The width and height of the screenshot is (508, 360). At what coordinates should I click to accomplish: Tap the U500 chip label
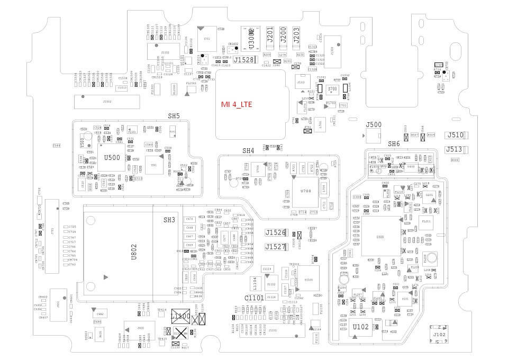click(x=112, y=157)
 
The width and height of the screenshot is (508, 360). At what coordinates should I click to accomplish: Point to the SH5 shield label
click(x=174, y=115)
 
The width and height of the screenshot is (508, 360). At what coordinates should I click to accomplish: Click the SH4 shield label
click(x=248, y=151)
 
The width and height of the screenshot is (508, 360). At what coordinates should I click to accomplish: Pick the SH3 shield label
click(x=169, y=220)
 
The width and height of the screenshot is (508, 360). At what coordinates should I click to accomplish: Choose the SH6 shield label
click(x=394, y=144)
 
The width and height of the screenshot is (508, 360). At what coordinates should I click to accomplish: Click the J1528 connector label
click(x=244, y=60)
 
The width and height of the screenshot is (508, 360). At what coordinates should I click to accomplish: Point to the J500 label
click(x=374, y=125)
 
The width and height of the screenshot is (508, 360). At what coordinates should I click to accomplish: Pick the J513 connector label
click(x=454, y=149)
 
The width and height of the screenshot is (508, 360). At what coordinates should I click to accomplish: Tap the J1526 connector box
click(x=276, y=233)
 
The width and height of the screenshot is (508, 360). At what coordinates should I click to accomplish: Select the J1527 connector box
click(x=276, y=247)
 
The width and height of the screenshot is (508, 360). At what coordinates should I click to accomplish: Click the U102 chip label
click(x=360, y=327)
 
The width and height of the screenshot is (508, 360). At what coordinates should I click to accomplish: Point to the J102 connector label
click(x=439, y=335)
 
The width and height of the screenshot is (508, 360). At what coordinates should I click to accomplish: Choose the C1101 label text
click(x=254, y=298)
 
